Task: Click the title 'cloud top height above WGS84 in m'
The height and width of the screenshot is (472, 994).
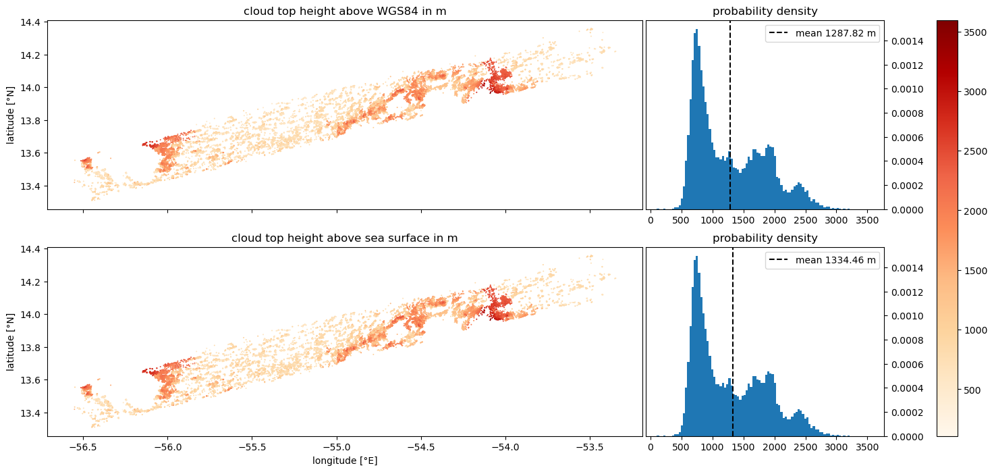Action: (345, 11)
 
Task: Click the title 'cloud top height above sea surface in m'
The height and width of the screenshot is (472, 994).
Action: (345, 238)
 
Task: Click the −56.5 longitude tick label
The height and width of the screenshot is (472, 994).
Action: (83, 447)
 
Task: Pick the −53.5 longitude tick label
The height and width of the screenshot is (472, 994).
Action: (590, 447)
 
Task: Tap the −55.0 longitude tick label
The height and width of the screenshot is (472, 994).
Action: (337, 447)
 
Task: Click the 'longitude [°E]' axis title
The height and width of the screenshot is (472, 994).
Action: (345, 461)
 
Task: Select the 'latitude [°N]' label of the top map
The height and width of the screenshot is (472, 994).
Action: (10, 115)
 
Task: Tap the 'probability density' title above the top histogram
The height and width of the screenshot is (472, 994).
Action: (765, 11)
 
